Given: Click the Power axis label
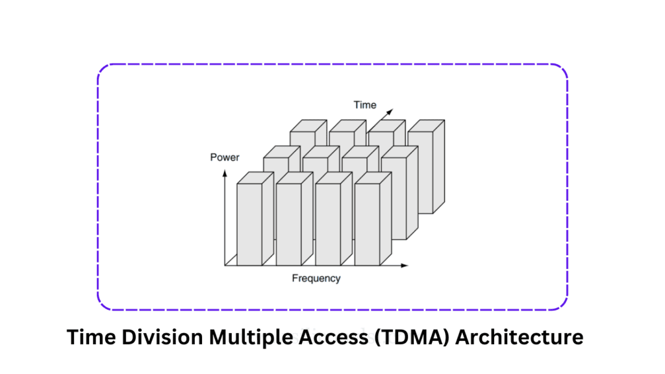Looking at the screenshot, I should (225, 157).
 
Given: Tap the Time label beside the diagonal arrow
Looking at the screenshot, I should (364, 105).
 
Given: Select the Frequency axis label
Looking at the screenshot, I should (316, 279).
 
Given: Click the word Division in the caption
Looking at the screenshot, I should (155, 338).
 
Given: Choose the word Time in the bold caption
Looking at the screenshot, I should (90, 338).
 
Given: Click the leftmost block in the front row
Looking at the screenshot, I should (250, 224).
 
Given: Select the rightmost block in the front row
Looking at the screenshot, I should (368, 224).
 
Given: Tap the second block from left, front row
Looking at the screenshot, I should (290, 224).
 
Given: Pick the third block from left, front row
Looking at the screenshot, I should (329, 224).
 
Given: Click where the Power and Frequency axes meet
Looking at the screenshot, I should (225, 266).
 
